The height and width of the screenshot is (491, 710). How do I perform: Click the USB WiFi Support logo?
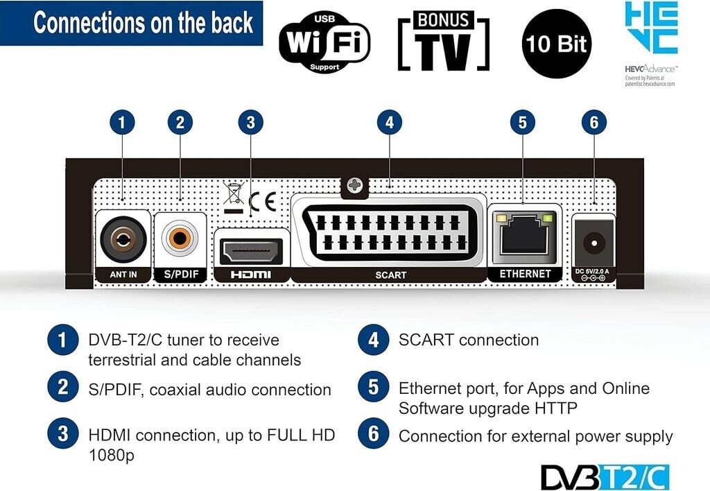coord(324,43)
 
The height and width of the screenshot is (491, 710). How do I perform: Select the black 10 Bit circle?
coord(557,43)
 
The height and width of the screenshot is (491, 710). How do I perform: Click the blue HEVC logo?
coord(651,28)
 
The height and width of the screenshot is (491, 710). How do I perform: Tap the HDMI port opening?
coord(250,249)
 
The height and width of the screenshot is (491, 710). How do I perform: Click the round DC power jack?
coord(594,243)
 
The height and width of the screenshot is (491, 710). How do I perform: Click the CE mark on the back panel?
coord(263,202)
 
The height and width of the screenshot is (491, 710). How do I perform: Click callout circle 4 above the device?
coord(390,123)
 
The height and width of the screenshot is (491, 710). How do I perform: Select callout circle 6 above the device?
coord(594,123)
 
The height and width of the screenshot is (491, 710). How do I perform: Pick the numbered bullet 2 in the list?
coord(63,388)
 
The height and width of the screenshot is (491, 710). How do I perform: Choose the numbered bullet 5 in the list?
coord(374,388)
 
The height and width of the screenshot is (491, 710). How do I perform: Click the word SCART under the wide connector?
coord(390,275)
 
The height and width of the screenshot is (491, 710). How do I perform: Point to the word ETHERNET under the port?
coord(525,274)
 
